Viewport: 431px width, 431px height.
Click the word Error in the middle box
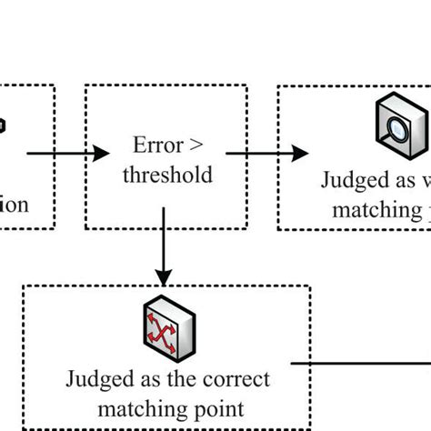tap(153, 145)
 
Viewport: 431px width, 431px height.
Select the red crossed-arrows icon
tap(165, 334)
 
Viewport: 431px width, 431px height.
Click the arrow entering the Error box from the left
tap(55, 153)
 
